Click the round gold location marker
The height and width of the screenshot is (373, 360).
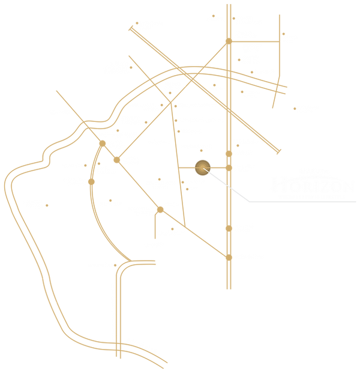[202, 166]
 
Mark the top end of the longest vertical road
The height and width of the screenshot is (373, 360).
[228, 5]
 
